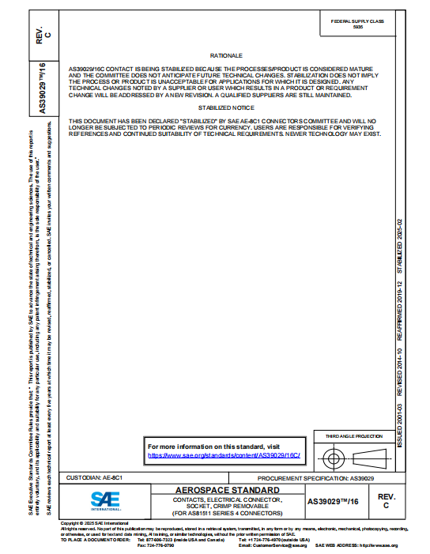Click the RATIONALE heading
(225, 57)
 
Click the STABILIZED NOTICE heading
(225, 107)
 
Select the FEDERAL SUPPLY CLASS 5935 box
(362, 24)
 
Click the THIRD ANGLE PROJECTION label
(359, 436)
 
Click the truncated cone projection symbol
(372, 458)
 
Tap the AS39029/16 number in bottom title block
(333, 501)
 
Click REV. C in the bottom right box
(386, 500)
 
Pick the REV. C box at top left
(45, 32)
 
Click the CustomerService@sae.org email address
(273, 545)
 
